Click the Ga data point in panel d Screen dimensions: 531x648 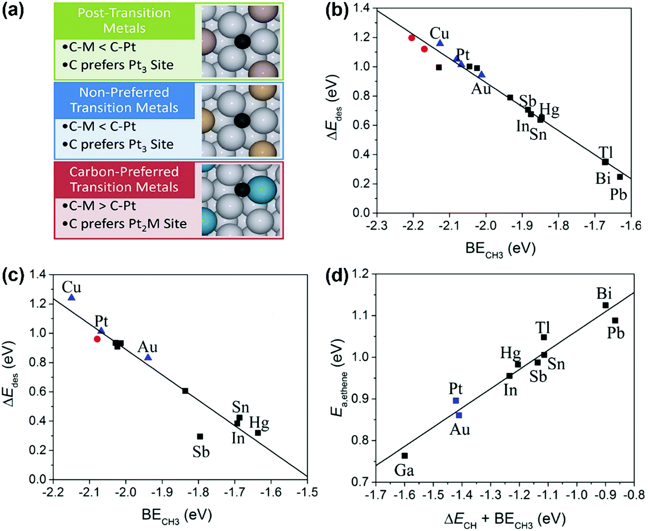point(405,456)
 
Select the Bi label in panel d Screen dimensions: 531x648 point(604,293)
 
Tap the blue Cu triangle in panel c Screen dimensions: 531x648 point(71,298)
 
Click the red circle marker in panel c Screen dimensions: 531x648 point(97,339)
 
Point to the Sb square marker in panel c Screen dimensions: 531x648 point(200,437)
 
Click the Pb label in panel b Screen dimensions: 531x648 point(618,195)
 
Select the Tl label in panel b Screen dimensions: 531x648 point(606,152)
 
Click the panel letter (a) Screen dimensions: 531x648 point(13,11)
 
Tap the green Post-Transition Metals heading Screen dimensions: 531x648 point(124,21)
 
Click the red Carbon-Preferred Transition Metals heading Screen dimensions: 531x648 point(124,180)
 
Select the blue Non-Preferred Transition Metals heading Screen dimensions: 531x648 point(124,100)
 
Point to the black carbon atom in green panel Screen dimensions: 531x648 point(242,42)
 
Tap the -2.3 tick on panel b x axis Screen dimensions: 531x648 point(377,225)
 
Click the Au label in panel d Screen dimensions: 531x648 point(460,429)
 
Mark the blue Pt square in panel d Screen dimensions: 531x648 point(456,400)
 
